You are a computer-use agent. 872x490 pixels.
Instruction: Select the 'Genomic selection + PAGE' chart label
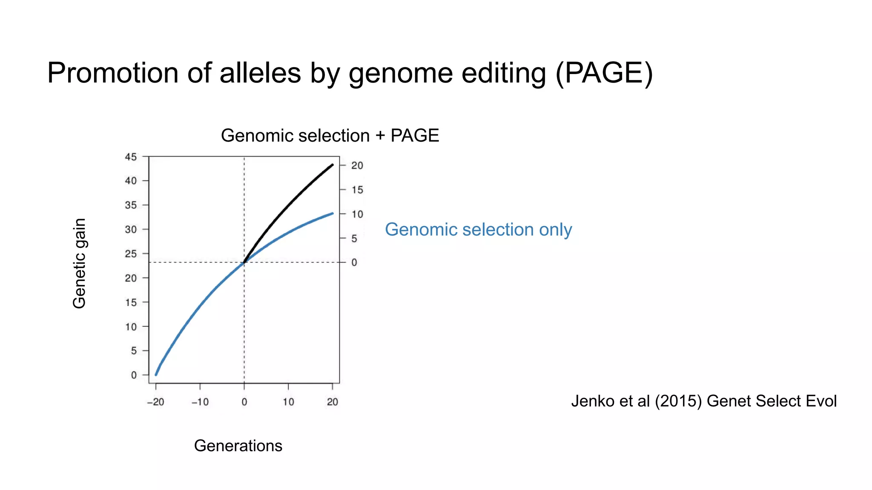point(330,136)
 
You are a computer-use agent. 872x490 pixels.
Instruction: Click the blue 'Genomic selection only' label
point(478,230)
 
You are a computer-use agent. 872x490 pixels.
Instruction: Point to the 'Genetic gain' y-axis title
point(80,263)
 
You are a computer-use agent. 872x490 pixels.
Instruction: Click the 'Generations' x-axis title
point(238,446)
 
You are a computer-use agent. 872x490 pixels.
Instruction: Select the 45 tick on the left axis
point(131,157)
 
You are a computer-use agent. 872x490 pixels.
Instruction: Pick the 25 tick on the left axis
point(131,254)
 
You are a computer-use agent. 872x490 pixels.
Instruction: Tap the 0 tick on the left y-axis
point(134,375)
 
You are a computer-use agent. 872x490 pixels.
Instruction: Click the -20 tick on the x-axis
point(156,402)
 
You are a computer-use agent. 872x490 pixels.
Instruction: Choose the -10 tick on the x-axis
point(200,402)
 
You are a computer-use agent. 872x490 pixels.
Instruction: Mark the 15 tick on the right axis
point(357,190)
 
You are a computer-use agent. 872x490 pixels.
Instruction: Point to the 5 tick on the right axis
point(354,239)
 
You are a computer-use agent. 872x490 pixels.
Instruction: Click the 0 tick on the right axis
point(354,262)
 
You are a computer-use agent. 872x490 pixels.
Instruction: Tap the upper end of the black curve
point(332,165)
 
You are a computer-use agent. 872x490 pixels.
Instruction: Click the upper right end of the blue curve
point(332,214)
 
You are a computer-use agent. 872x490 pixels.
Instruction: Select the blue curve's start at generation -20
point(156,374)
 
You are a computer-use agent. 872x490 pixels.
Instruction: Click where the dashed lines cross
point(244,262)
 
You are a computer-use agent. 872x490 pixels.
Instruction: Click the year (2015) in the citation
point(678,401)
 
